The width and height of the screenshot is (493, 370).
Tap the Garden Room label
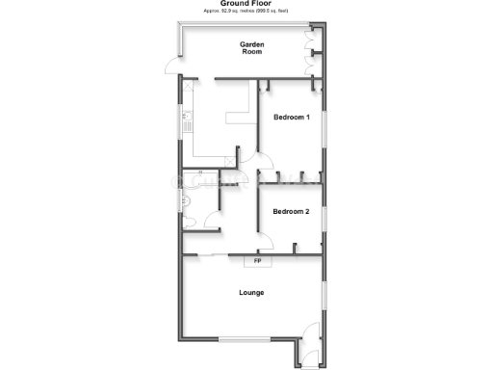[x=252, y=48]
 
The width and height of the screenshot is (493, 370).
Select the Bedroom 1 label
[x=291, y=118]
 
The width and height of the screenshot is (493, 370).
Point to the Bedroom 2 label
[x=291, y=211]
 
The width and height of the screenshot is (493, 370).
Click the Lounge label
[x=252, y=292]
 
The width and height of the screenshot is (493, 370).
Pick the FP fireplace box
[x=257, y=261]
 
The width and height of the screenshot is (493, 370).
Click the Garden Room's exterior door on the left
[x=171, y=67]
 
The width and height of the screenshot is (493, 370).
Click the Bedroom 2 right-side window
[x=324, y=218]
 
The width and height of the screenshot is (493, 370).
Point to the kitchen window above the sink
[x=179, y=124]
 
